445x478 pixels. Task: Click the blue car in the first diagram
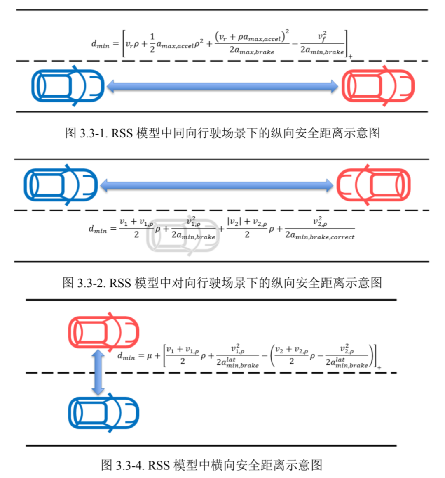point(68,86)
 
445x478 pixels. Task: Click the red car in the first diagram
point(378,86)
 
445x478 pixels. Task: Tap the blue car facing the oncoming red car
point(61,185)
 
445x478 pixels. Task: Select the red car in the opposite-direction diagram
point(373,185)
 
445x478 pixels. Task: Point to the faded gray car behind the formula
point(183,235)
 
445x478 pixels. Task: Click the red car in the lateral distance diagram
point(104,332)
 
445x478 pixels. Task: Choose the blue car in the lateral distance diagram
point(104,413)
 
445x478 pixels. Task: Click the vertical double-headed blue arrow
point(98,372)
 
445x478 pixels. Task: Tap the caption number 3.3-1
point(94,133)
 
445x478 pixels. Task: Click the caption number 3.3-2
point(91,283)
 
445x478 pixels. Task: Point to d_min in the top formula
point(100,44)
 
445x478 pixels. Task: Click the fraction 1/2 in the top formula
point(152,43)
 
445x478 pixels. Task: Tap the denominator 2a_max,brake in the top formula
point(252,50)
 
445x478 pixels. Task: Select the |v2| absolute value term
point(234,222)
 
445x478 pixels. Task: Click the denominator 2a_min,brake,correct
point(320,235)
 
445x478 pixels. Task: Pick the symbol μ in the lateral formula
point(150,356)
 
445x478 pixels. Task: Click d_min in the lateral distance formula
point(126,356)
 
